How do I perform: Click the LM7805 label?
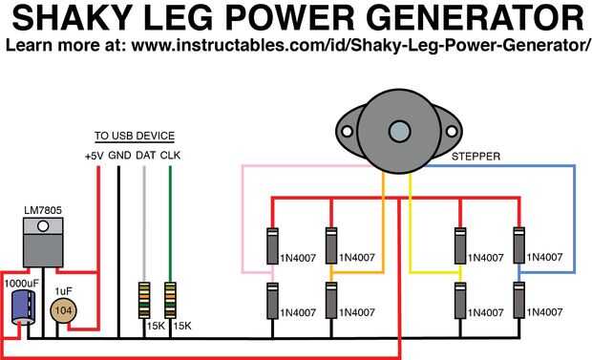(x=43, y=210)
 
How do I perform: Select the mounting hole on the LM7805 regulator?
(x=43, y=226)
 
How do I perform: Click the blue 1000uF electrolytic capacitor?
(x=23, y=307)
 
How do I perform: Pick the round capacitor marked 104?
(x=63, y=310)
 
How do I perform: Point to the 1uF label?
(x=63, y=291)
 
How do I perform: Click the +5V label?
(x=94, y=156)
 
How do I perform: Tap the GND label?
(x=119, y=156)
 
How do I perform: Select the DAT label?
(x=146, y=156)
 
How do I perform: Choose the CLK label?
(x=170, y=156)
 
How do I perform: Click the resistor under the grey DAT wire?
(x=144, y=300)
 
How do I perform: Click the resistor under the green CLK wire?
(x=170, y=300)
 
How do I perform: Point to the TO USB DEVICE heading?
(x=135, y=136)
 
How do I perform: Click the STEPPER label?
(x=476, y=157)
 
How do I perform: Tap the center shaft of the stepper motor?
(x=399, y=132)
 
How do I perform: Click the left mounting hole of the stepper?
(x=347, y=132)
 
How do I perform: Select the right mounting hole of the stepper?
(x=452, y=132)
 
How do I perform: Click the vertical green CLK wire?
(x=170, y=224)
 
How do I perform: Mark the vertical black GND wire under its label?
(x=118, y=252)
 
